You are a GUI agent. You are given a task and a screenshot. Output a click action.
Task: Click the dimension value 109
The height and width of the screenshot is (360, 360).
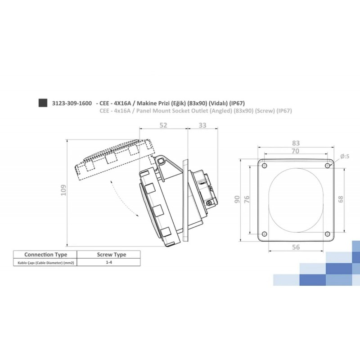tap(63, 192)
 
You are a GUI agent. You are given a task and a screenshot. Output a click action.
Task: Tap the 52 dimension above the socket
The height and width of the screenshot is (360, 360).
tap(163, 125)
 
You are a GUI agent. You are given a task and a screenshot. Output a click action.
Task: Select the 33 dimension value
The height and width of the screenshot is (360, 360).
tap(202, 125)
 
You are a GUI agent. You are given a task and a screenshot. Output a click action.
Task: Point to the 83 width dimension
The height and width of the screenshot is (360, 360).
tap(296, 143)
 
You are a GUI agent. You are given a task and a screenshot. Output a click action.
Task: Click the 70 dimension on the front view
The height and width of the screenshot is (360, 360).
tap(295, 152)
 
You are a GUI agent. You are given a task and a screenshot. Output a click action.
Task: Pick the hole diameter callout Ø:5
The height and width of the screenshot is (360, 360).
tap(345, 156)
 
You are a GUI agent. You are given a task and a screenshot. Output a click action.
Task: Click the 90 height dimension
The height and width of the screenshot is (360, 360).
tap(237, 199)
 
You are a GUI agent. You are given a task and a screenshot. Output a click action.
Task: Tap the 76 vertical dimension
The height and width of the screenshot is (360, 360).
tap(246, 199)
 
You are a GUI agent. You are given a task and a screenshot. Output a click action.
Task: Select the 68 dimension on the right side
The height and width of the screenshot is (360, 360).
tap(341, 198)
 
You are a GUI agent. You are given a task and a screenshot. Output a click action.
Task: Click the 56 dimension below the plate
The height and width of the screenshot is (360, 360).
tap(296, 247)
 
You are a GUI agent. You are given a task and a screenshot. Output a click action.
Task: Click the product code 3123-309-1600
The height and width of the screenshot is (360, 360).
tap(72, 103)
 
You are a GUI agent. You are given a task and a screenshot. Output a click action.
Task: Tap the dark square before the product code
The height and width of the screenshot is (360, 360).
tap(43, 103)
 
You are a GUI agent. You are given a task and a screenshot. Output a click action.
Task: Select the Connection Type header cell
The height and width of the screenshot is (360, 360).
tap(45, 254)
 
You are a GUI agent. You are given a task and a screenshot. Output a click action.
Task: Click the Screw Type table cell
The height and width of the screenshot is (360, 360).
tap(112, 254)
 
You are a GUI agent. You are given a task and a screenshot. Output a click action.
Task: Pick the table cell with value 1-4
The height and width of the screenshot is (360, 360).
tap(109, 262)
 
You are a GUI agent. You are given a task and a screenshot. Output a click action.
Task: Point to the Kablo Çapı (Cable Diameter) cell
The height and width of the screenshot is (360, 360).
tap(44, 262)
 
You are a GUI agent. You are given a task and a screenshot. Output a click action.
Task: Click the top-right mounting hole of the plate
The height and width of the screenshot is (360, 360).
tap(327, 166)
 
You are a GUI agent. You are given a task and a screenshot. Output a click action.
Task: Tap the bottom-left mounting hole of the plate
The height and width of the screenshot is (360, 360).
tap(264, 234)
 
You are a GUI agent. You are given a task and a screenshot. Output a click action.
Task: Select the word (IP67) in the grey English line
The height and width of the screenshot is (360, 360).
tap(284, 111)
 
